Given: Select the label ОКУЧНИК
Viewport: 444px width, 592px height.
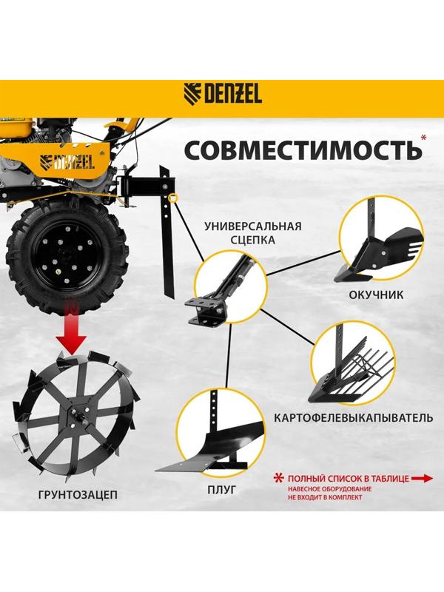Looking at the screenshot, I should point(375,295).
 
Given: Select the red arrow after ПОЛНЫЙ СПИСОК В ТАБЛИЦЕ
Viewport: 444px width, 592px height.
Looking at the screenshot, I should point(422,479).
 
